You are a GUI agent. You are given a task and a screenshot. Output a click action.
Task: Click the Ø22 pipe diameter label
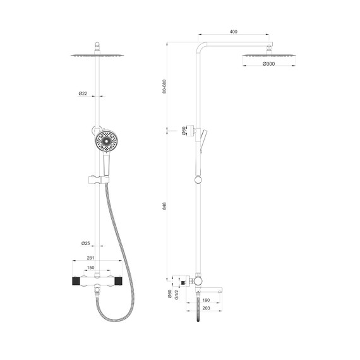click(x=83, y=93)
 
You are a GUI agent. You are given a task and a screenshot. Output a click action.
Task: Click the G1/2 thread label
click(x=178, y=295)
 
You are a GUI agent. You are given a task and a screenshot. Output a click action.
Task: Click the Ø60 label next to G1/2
click(x=169, y=295)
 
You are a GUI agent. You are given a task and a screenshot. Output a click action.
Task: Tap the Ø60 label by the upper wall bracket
click(x=183, y=131)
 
